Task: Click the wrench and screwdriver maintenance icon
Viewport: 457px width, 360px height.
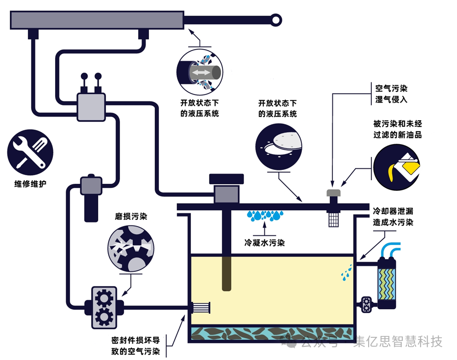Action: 30,153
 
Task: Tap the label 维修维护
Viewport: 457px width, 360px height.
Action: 30,183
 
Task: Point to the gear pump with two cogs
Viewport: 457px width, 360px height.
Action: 104,307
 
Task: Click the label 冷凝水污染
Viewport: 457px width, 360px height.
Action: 265,243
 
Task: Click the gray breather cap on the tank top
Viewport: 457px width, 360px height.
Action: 333,193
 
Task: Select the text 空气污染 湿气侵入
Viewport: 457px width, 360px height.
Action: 391,94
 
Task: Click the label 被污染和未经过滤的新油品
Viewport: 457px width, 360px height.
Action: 397,129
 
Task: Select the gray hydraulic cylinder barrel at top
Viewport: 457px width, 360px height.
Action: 97,20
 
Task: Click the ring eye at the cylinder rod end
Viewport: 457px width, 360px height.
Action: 277,19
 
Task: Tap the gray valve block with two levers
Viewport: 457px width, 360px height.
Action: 91,107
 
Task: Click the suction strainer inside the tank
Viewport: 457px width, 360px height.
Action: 200,307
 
